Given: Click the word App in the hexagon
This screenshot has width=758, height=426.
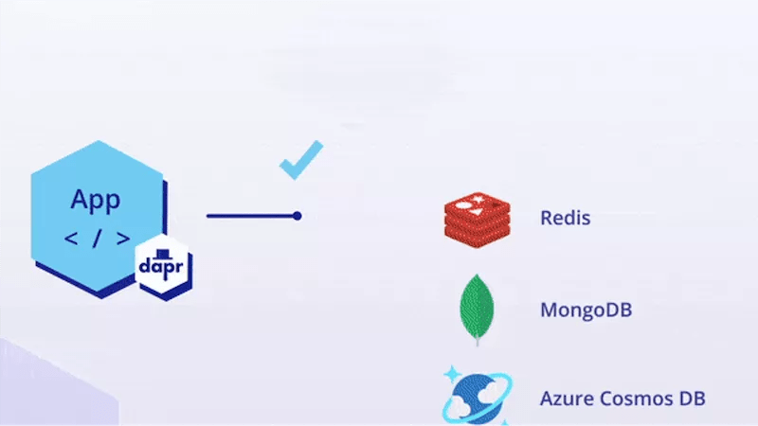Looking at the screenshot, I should pos(95,200).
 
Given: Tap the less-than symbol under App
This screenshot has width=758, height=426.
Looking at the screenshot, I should pos(71,238).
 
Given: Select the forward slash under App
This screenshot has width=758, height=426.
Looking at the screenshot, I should pos(96,238).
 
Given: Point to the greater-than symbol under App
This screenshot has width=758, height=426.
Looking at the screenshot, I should pos(121,238).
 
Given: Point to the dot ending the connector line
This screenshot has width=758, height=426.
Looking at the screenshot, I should pos(297,216).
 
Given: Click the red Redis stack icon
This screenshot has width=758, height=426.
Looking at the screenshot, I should pos(477,218).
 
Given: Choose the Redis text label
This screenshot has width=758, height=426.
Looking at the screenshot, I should pos(565,218).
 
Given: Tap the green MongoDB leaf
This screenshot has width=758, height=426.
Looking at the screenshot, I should pos(477,305).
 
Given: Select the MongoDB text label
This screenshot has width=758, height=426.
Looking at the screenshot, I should pos(586,310).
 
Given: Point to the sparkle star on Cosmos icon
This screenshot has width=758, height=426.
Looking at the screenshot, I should pos(450,373).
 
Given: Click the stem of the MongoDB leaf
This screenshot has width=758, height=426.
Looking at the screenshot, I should pos(477,340).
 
